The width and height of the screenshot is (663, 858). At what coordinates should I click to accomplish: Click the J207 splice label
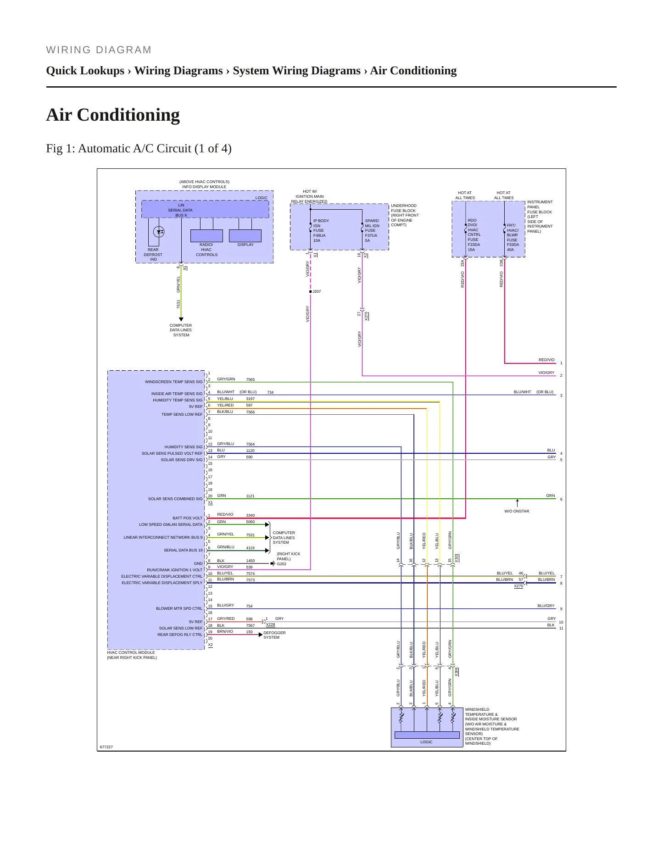317,291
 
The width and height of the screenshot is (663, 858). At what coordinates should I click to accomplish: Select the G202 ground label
282,564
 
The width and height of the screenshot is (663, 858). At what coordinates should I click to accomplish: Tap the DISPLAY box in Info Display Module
245,235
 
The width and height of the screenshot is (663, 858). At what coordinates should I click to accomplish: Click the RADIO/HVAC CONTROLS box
206,235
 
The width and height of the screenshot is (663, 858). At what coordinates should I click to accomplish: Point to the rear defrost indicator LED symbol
159,232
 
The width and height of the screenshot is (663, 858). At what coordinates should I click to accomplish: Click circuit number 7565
250,380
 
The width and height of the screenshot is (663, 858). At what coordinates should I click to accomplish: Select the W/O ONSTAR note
517,511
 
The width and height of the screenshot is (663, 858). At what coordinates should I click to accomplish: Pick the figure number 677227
106,747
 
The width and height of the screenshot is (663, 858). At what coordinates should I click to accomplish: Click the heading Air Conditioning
113,115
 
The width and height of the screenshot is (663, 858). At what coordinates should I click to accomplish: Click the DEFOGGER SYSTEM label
274,635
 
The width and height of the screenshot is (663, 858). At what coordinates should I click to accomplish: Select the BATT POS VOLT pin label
187,518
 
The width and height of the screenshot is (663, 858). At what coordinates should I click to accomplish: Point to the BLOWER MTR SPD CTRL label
179,608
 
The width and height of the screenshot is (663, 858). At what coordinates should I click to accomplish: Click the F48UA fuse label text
319,235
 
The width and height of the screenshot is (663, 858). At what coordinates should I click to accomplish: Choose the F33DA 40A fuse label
513,247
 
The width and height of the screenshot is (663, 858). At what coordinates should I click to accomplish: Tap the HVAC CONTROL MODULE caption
131,652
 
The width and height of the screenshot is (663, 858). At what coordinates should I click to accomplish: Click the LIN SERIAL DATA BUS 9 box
205,209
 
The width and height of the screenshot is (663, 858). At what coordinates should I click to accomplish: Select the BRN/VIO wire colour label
225,631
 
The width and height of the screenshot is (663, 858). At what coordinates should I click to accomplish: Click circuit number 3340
250,516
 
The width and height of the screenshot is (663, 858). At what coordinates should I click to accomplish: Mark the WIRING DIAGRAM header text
99,50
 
